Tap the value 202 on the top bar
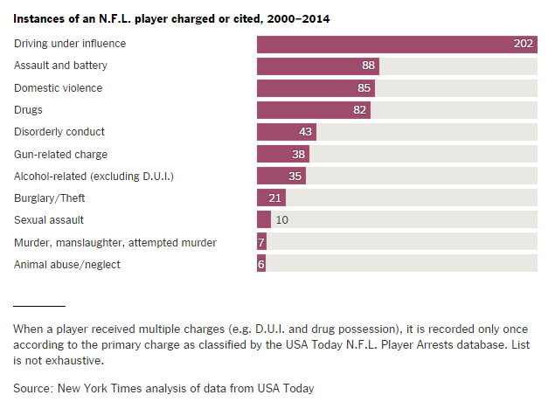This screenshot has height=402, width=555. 524,45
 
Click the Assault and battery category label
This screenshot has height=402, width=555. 73,66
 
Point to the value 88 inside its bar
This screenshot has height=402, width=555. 369,66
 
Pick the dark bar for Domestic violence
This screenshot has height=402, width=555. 315,88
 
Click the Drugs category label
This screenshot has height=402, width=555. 28,110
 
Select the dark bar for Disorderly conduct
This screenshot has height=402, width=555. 286,132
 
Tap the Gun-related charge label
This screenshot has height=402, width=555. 61,154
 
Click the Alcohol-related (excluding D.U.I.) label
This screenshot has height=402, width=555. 94,176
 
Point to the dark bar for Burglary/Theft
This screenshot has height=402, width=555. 271,198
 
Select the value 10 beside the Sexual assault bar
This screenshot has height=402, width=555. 281,220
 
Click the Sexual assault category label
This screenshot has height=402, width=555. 49,220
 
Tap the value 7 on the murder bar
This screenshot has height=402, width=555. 261,242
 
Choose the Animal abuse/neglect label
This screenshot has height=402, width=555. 67,264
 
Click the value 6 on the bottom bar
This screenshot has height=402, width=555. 261,264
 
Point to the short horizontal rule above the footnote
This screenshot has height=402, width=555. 39,306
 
